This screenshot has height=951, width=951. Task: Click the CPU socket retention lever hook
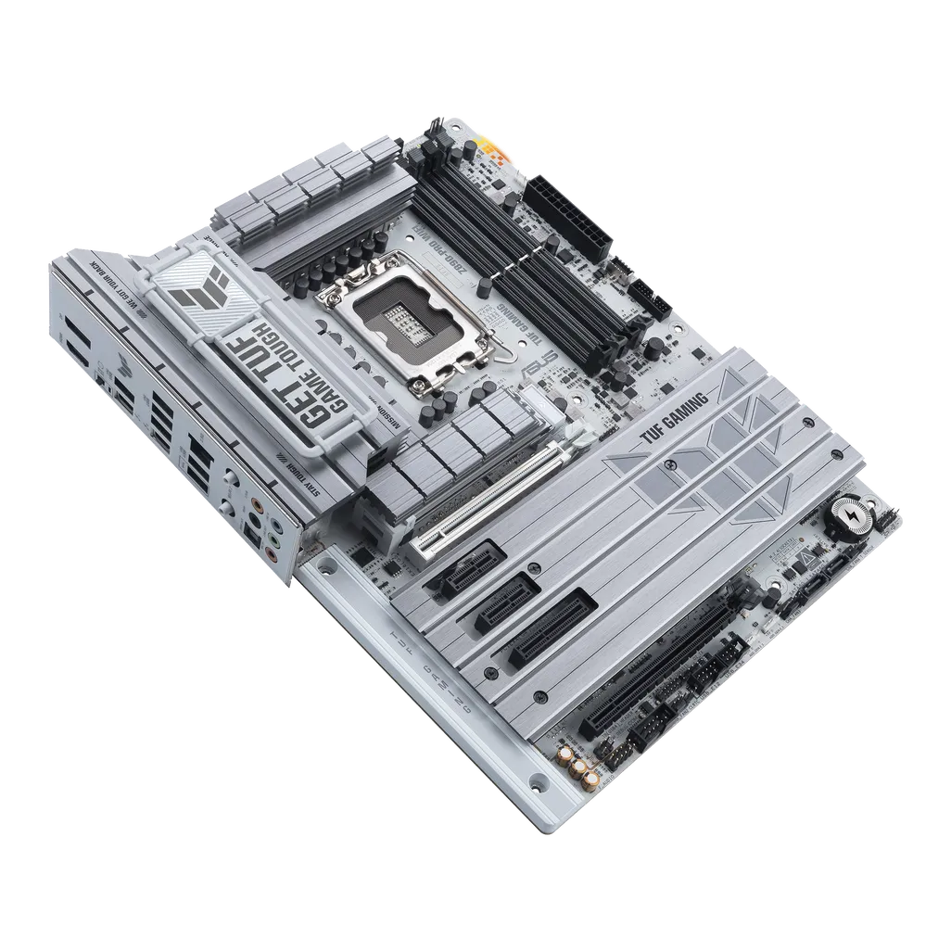click(x=500, y=351)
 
